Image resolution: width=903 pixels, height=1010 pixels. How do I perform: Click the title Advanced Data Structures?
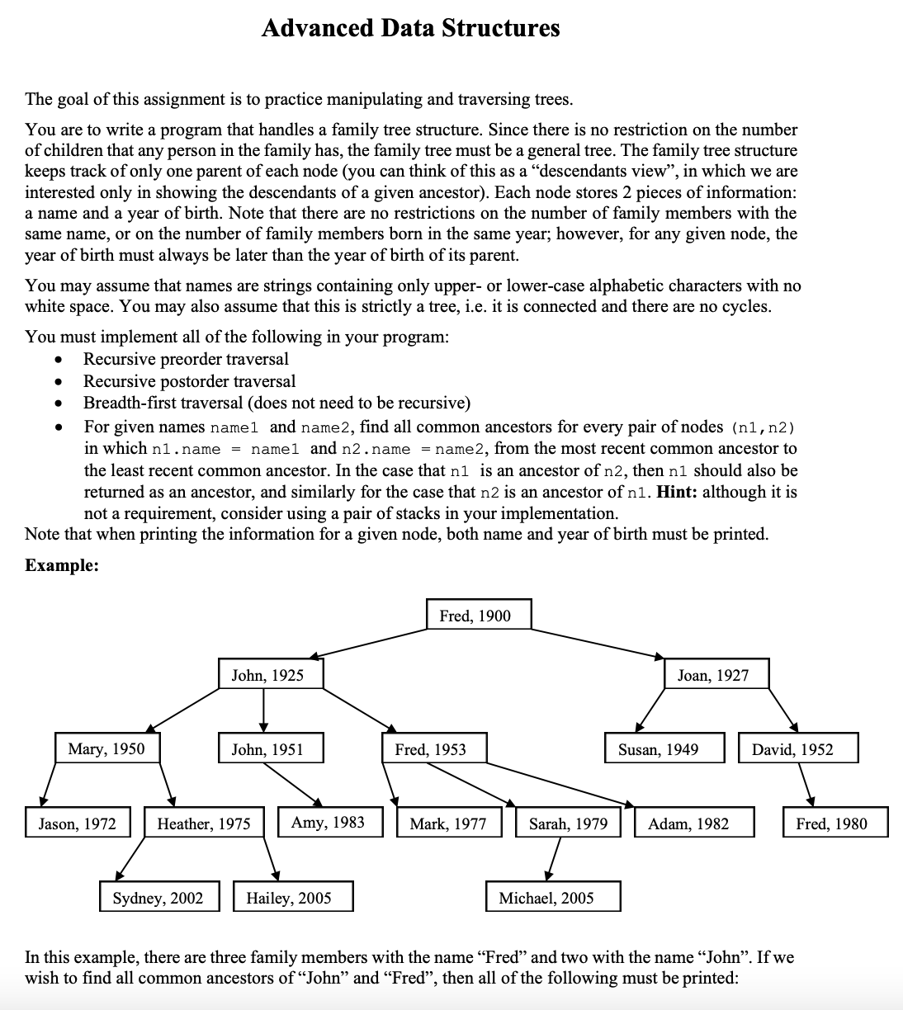pyautogui.click(x=410, y=28)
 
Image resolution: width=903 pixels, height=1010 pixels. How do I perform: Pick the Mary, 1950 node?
pyautogui.click(x=106, y=748)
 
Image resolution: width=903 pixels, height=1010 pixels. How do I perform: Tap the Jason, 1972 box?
pyautogui.click(x=78, y=823)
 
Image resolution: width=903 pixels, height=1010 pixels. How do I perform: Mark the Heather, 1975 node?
pyautogui.click(x=204, y=823)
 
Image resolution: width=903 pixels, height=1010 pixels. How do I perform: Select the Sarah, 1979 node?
pyautogui.click(x=569, y=823)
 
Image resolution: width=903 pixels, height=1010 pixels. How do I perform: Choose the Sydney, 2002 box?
pyautogui.click(x=159, y=897)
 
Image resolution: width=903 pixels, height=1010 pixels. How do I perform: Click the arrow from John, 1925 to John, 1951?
pyautogui.click(x=264, y=711)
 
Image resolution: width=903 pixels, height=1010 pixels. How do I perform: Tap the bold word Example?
pyautogui.click(x=62, y=565)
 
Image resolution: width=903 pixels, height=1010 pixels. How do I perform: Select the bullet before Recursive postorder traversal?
pyautogui.click(x=58, y=382)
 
